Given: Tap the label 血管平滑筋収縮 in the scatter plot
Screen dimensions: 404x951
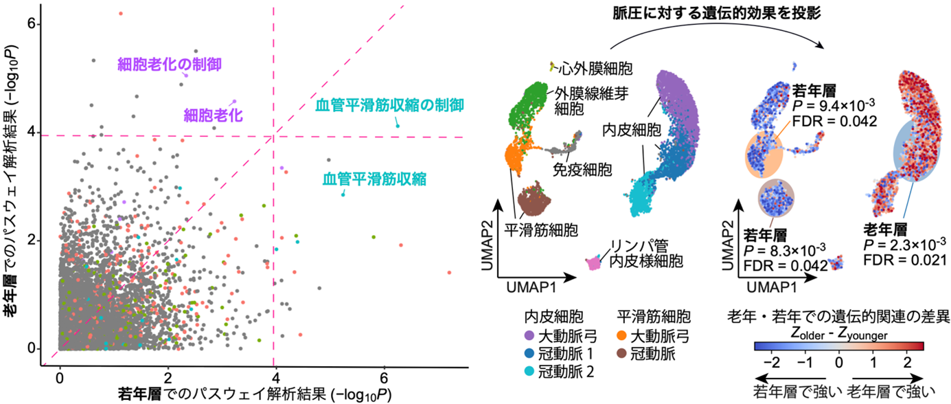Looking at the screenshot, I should (x=374, y=180).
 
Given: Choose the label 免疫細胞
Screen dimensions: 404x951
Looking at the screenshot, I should (x=584, y=167).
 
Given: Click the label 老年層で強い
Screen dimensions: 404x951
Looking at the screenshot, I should (x=891, y=392).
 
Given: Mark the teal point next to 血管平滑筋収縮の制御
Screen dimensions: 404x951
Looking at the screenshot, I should (x=398, y=126).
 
